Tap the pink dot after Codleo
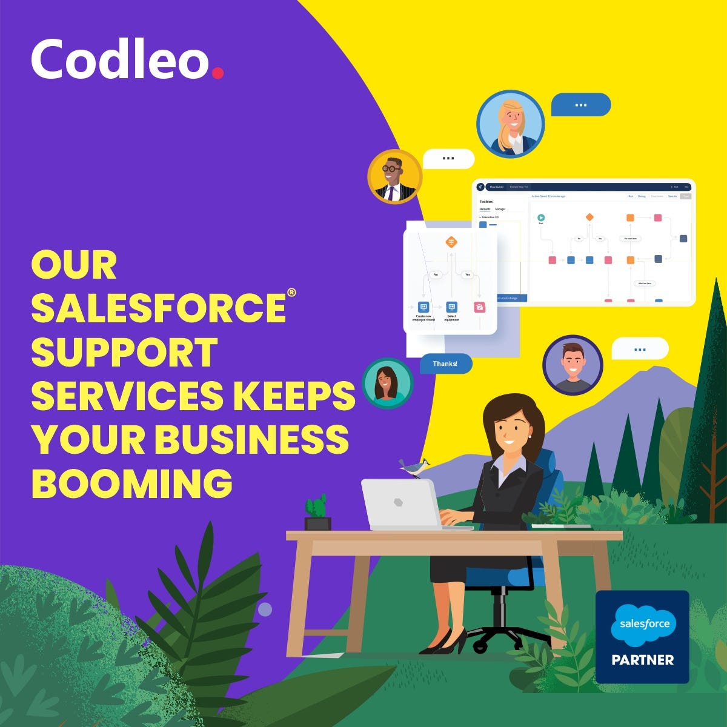coord(217,73)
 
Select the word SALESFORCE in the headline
coord(159,307)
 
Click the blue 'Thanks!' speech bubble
coord(445,363)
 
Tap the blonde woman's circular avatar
coord(510,124)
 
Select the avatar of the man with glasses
coord(394,176)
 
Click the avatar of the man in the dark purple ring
coord(573,365)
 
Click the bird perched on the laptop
coord(414,467)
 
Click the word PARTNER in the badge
coord(642,660)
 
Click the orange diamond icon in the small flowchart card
coord(451,242)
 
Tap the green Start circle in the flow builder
coord(541,217)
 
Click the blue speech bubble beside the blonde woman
coord(580,105)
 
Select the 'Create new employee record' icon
coord(423,307)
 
